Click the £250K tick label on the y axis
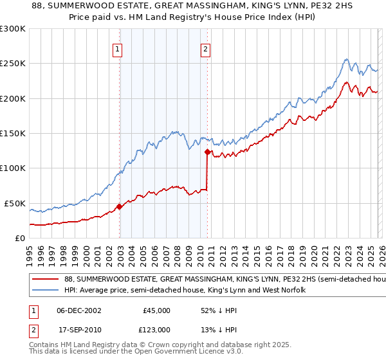(x=13, y=64)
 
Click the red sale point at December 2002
(x=120, y=206)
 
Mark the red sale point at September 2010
(x=208, y=152)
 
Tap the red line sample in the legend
(x=45, y=280)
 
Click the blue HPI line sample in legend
(x=45, y=291)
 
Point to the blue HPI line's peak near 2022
(x=345, y=60)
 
